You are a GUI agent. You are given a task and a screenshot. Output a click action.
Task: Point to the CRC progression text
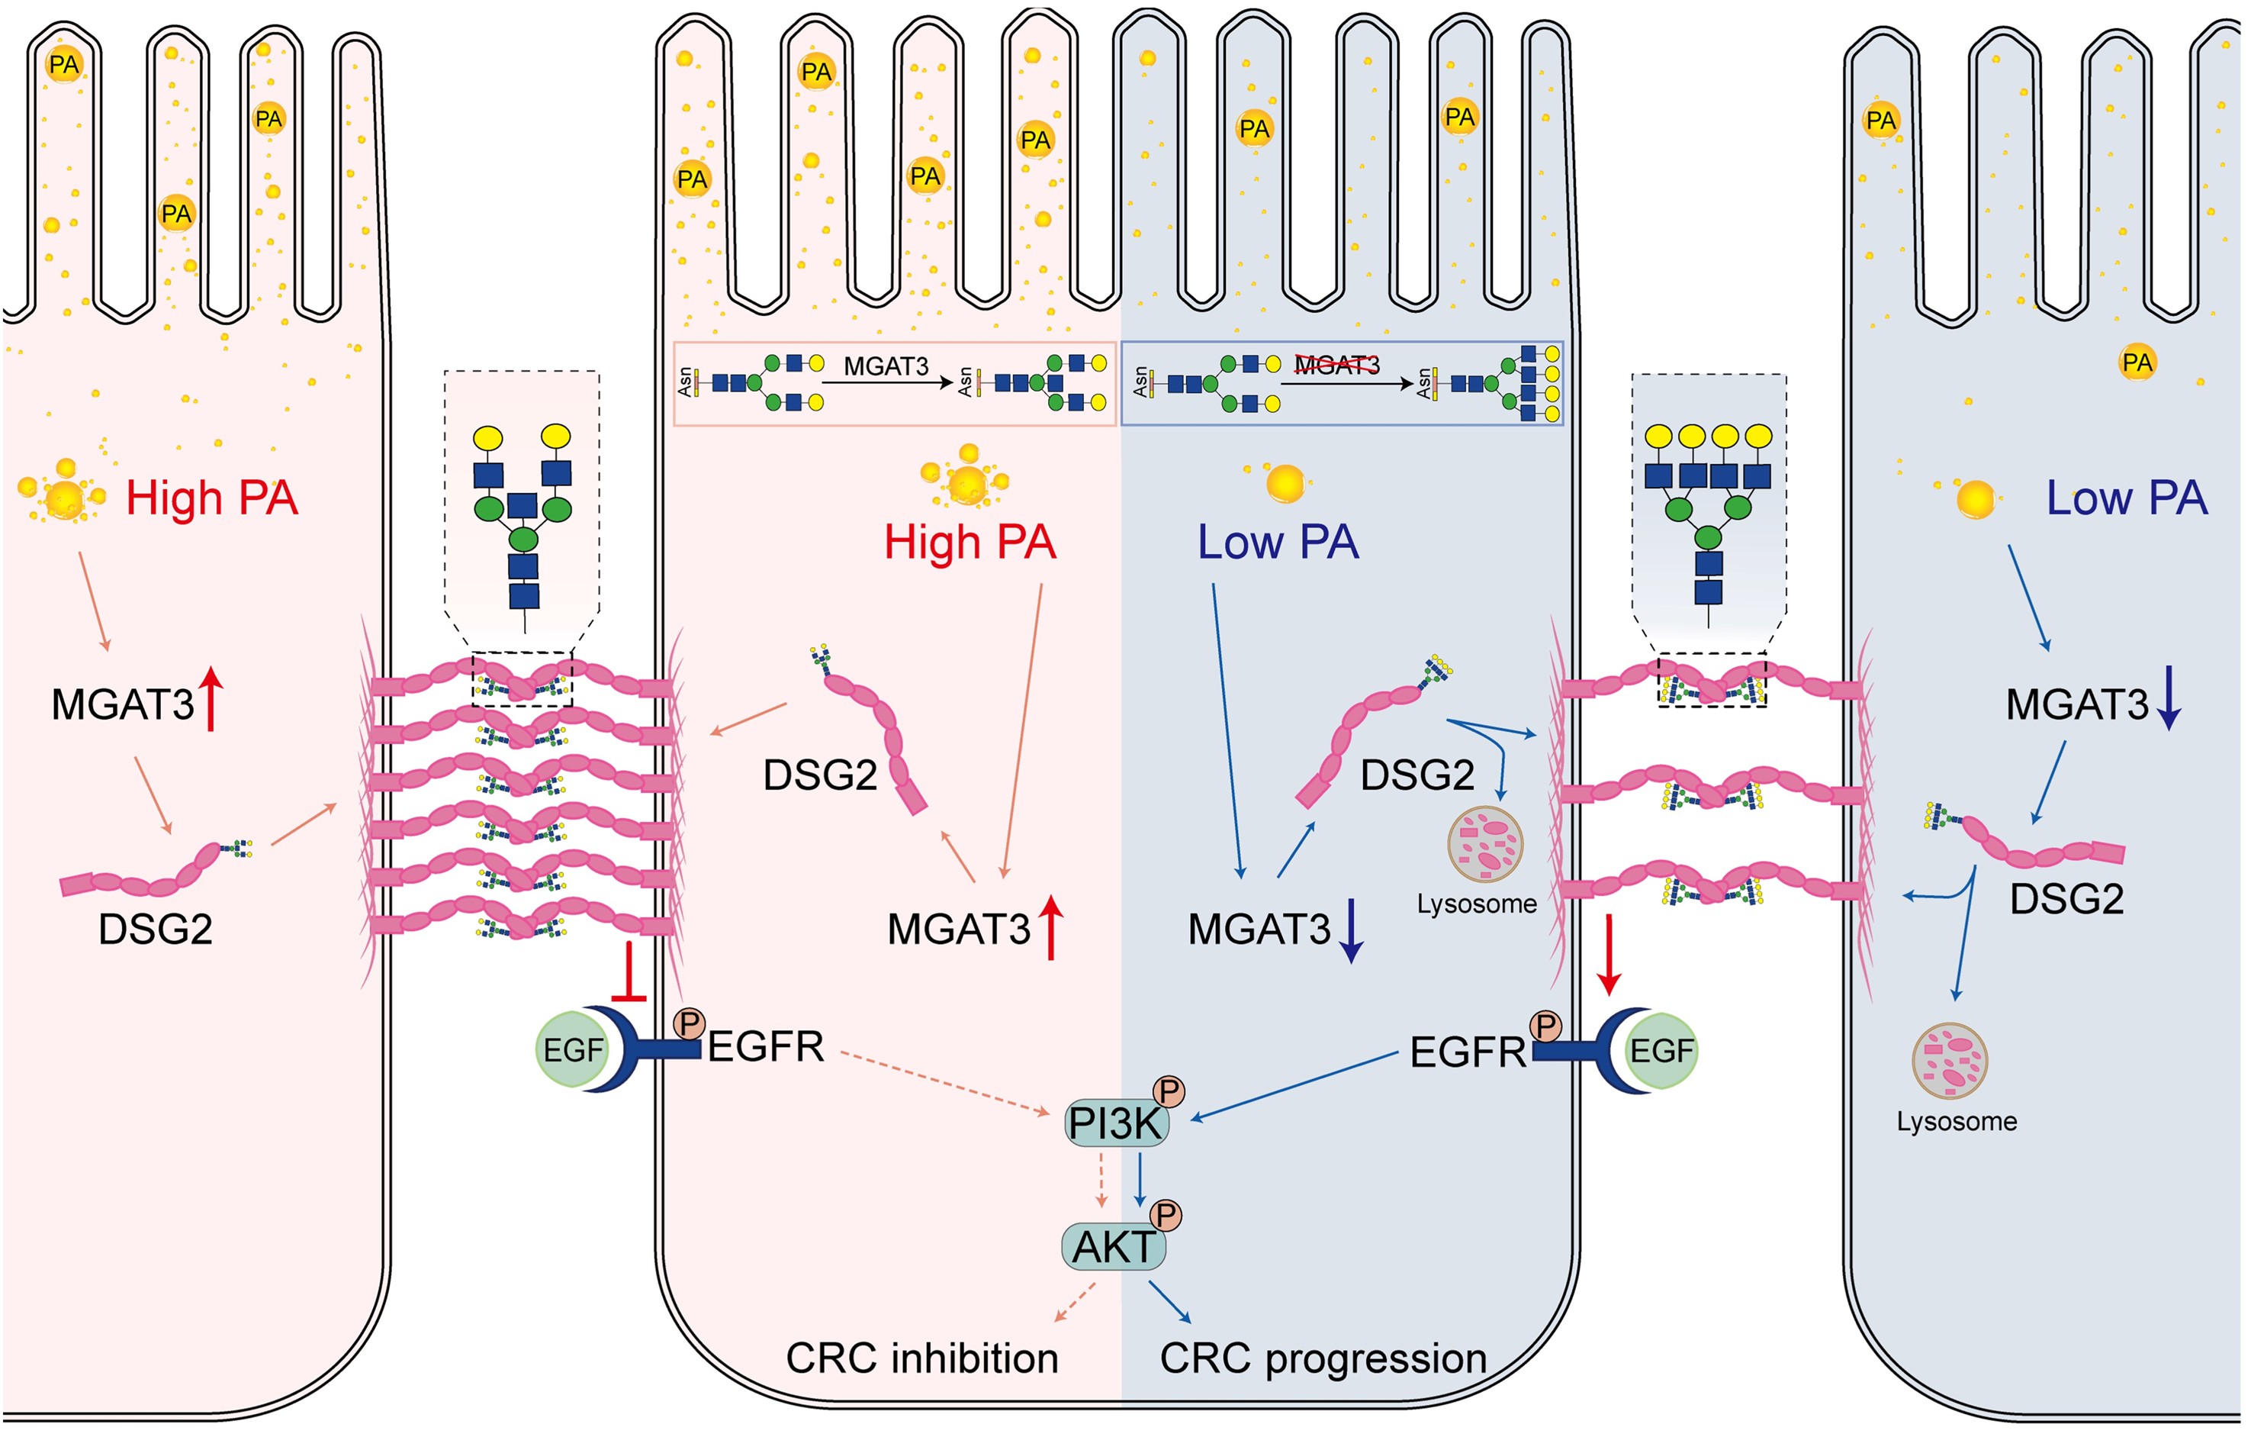tap(1323, 1358)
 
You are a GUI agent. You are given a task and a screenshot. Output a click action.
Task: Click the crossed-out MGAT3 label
tap(1336, 366)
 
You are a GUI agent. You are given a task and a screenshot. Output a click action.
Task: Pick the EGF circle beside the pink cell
tap(572, 1050)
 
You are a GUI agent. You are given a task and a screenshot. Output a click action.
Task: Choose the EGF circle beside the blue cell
tap(1661, 1050)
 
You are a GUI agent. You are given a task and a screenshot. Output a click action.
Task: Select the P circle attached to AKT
tap(1165, 1216)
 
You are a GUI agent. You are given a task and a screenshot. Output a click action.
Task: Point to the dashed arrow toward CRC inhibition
tap(1075, 1301)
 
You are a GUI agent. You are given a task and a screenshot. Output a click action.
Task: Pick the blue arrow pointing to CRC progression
tap(1169, 1301)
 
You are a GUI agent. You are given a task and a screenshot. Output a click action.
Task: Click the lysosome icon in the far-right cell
tap(1950, 1062)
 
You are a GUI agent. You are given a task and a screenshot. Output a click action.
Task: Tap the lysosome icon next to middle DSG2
tap(1484, 844)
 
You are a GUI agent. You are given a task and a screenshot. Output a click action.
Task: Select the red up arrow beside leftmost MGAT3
tap(211, 698)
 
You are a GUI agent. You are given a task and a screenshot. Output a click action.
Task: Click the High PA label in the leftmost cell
tap(211, 498)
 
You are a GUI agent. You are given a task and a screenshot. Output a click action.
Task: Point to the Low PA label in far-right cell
tap(2127, 498)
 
